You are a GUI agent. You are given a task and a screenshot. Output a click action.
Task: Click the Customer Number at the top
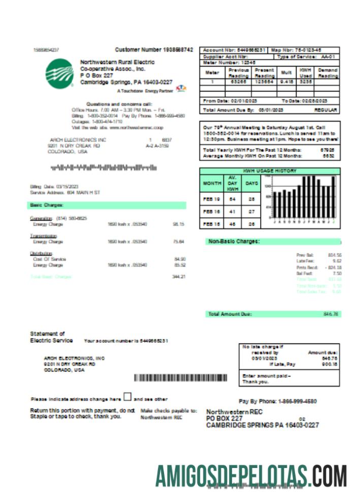click(x=154, y=50)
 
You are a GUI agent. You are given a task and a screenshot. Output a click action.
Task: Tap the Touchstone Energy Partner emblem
click(x=180, y=90)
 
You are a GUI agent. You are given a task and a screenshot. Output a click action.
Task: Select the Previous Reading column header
click(x=239, y=72)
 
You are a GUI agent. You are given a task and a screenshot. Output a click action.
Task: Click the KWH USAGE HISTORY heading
click(x=270, y=171)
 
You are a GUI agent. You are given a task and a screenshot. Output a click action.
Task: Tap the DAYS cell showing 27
click(x=251, y=211)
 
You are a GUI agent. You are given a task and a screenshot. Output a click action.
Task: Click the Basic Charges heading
click(x=46, y=205)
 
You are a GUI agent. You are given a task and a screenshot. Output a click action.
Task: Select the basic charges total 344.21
click(x=179, y=276)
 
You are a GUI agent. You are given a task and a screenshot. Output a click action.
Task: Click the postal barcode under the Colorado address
click(x=102, y=167)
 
